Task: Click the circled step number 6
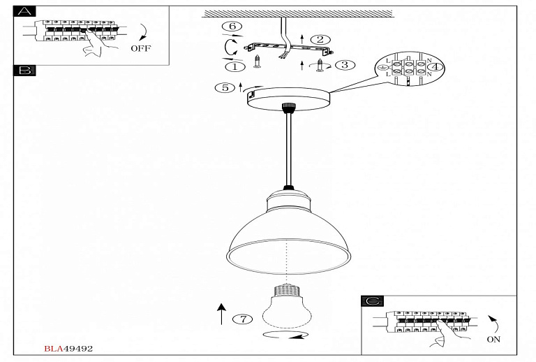(232, 27)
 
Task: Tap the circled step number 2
(320, 40)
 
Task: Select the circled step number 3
(345, 65)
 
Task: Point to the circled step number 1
(234, 66)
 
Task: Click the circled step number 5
(225, 87)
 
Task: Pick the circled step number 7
(243, 319)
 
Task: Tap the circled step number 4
(435, 66)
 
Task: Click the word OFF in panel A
(140, 48)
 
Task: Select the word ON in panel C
(493, 340)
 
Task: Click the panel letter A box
(24, 11)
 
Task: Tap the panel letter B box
(24, 71)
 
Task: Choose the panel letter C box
(372, 301)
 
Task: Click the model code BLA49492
(68, 349)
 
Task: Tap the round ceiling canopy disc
(288, 99)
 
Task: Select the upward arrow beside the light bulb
(221, 314)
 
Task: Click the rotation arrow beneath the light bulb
(285, 335)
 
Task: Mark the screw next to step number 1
(258, 61)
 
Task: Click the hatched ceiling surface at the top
(297, 14)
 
